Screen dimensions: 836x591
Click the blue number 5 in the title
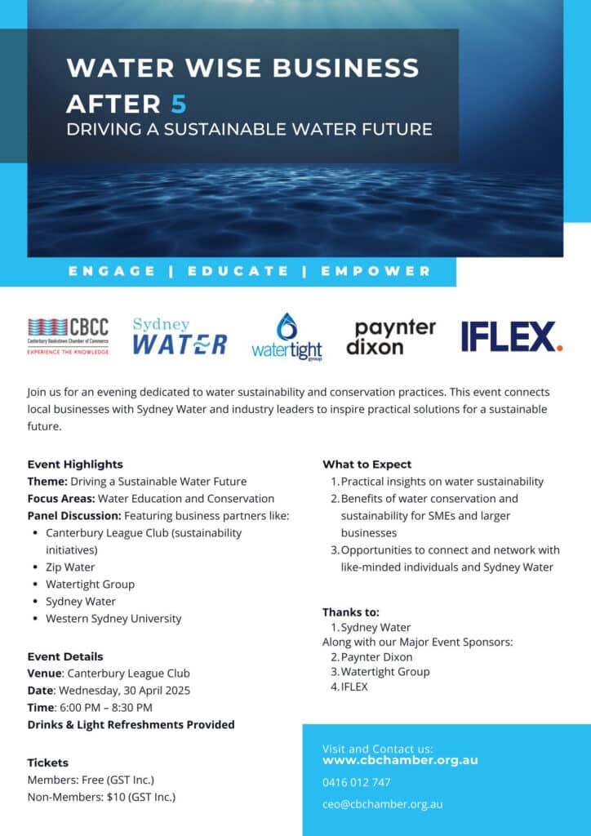pos(179,104)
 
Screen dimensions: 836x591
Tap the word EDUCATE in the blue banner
pos(238,271)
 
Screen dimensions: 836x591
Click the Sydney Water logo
pos(180,336)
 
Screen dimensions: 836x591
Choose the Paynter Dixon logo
pos(391,336)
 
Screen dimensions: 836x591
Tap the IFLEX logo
pos(511,336)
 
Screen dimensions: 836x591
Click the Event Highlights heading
pos(75,465)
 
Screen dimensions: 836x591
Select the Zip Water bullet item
pos(70,567)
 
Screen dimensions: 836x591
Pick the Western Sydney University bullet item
pos(113,618)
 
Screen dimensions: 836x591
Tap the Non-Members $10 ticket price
pos(101,797)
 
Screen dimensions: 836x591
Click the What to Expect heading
pos(367,465)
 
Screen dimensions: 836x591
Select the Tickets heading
pos(47,763)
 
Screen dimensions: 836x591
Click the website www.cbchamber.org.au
pos(400,760)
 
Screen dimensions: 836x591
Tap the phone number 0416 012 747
pos(356,782)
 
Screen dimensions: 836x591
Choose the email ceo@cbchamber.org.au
pos(382,804)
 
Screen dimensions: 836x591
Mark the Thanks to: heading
pos(350,611)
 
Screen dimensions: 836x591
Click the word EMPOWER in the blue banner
pos(375,271)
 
